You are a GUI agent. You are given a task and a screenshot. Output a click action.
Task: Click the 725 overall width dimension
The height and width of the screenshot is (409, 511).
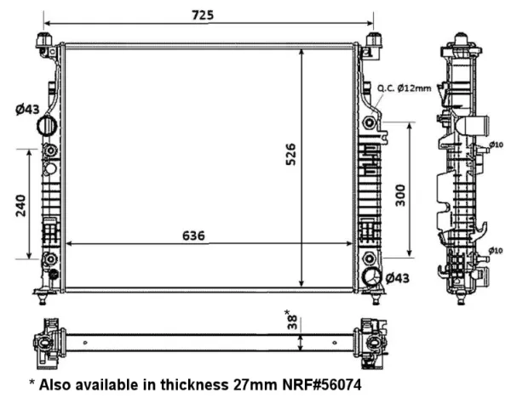(203, 15)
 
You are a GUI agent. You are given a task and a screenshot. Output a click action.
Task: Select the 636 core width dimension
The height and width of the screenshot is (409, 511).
(193, 236)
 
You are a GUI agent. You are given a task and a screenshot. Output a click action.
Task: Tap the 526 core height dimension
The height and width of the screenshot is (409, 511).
(290, 154)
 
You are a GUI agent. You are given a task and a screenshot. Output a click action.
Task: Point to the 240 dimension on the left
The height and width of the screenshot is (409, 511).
(20, 205)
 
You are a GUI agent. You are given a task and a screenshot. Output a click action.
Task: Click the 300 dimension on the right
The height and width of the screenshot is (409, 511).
(400, 196)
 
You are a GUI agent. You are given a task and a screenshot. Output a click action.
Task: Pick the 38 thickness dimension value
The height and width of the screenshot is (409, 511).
(292, 321)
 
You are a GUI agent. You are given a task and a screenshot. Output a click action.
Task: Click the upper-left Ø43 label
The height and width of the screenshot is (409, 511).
(27, 110)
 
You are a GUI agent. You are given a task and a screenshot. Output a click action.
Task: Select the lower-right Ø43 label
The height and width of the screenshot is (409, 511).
(397, 278)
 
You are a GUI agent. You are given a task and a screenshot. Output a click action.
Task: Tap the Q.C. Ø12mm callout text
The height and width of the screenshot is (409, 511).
(404, 88)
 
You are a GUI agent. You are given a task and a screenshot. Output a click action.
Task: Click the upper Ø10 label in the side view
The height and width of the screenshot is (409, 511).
(496, 145)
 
